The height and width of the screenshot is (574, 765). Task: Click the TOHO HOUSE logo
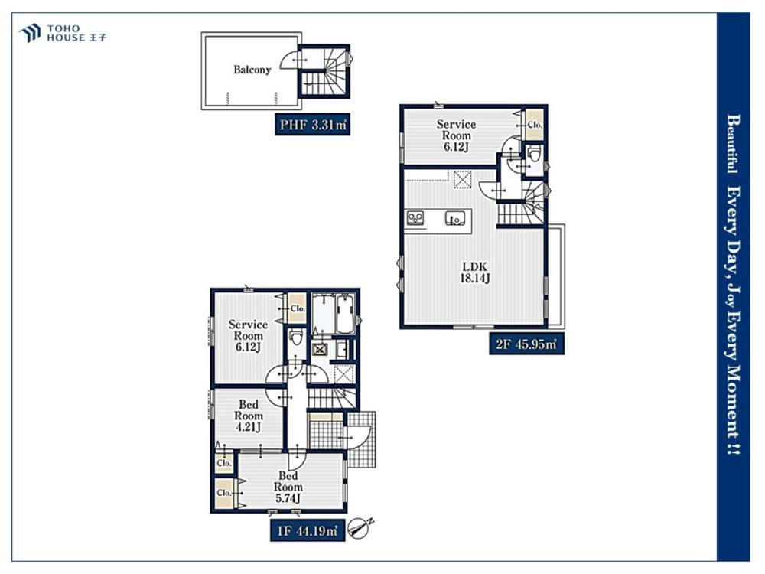click(62, 33)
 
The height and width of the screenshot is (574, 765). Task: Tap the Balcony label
click(252, 70)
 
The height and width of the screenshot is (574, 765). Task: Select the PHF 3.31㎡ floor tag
click(312, 125)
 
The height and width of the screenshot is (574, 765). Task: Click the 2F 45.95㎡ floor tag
click(526, 344)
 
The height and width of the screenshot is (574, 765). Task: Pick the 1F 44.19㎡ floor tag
click(308, 530)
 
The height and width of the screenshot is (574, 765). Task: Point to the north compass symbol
click(360, 528)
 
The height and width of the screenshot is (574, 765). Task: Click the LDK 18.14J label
click(475, 272)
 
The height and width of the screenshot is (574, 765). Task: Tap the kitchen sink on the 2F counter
click(454, 217)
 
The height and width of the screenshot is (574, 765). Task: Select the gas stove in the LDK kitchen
click(415, 217)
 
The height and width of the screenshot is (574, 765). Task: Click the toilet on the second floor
click(534, 155)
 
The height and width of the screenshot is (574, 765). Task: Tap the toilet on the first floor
click(295, 338)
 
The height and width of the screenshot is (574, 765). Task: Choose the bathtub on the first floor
click(345, 313)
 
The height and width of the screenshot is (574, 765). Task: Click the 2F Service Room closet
click(534, 125)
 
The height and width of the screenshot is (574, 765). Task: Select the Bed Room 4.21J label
click(249, 416)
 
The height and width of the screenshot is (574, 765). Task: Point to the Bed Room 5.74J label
click(288, 487)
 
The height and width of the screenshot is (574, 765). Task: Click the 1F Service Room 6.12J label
click(248, 335)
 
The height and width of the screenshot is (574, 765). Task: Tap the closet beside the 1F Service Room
click(297, 308)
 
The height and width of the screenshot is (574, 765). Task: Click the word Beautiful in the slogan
click(732, 144)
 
